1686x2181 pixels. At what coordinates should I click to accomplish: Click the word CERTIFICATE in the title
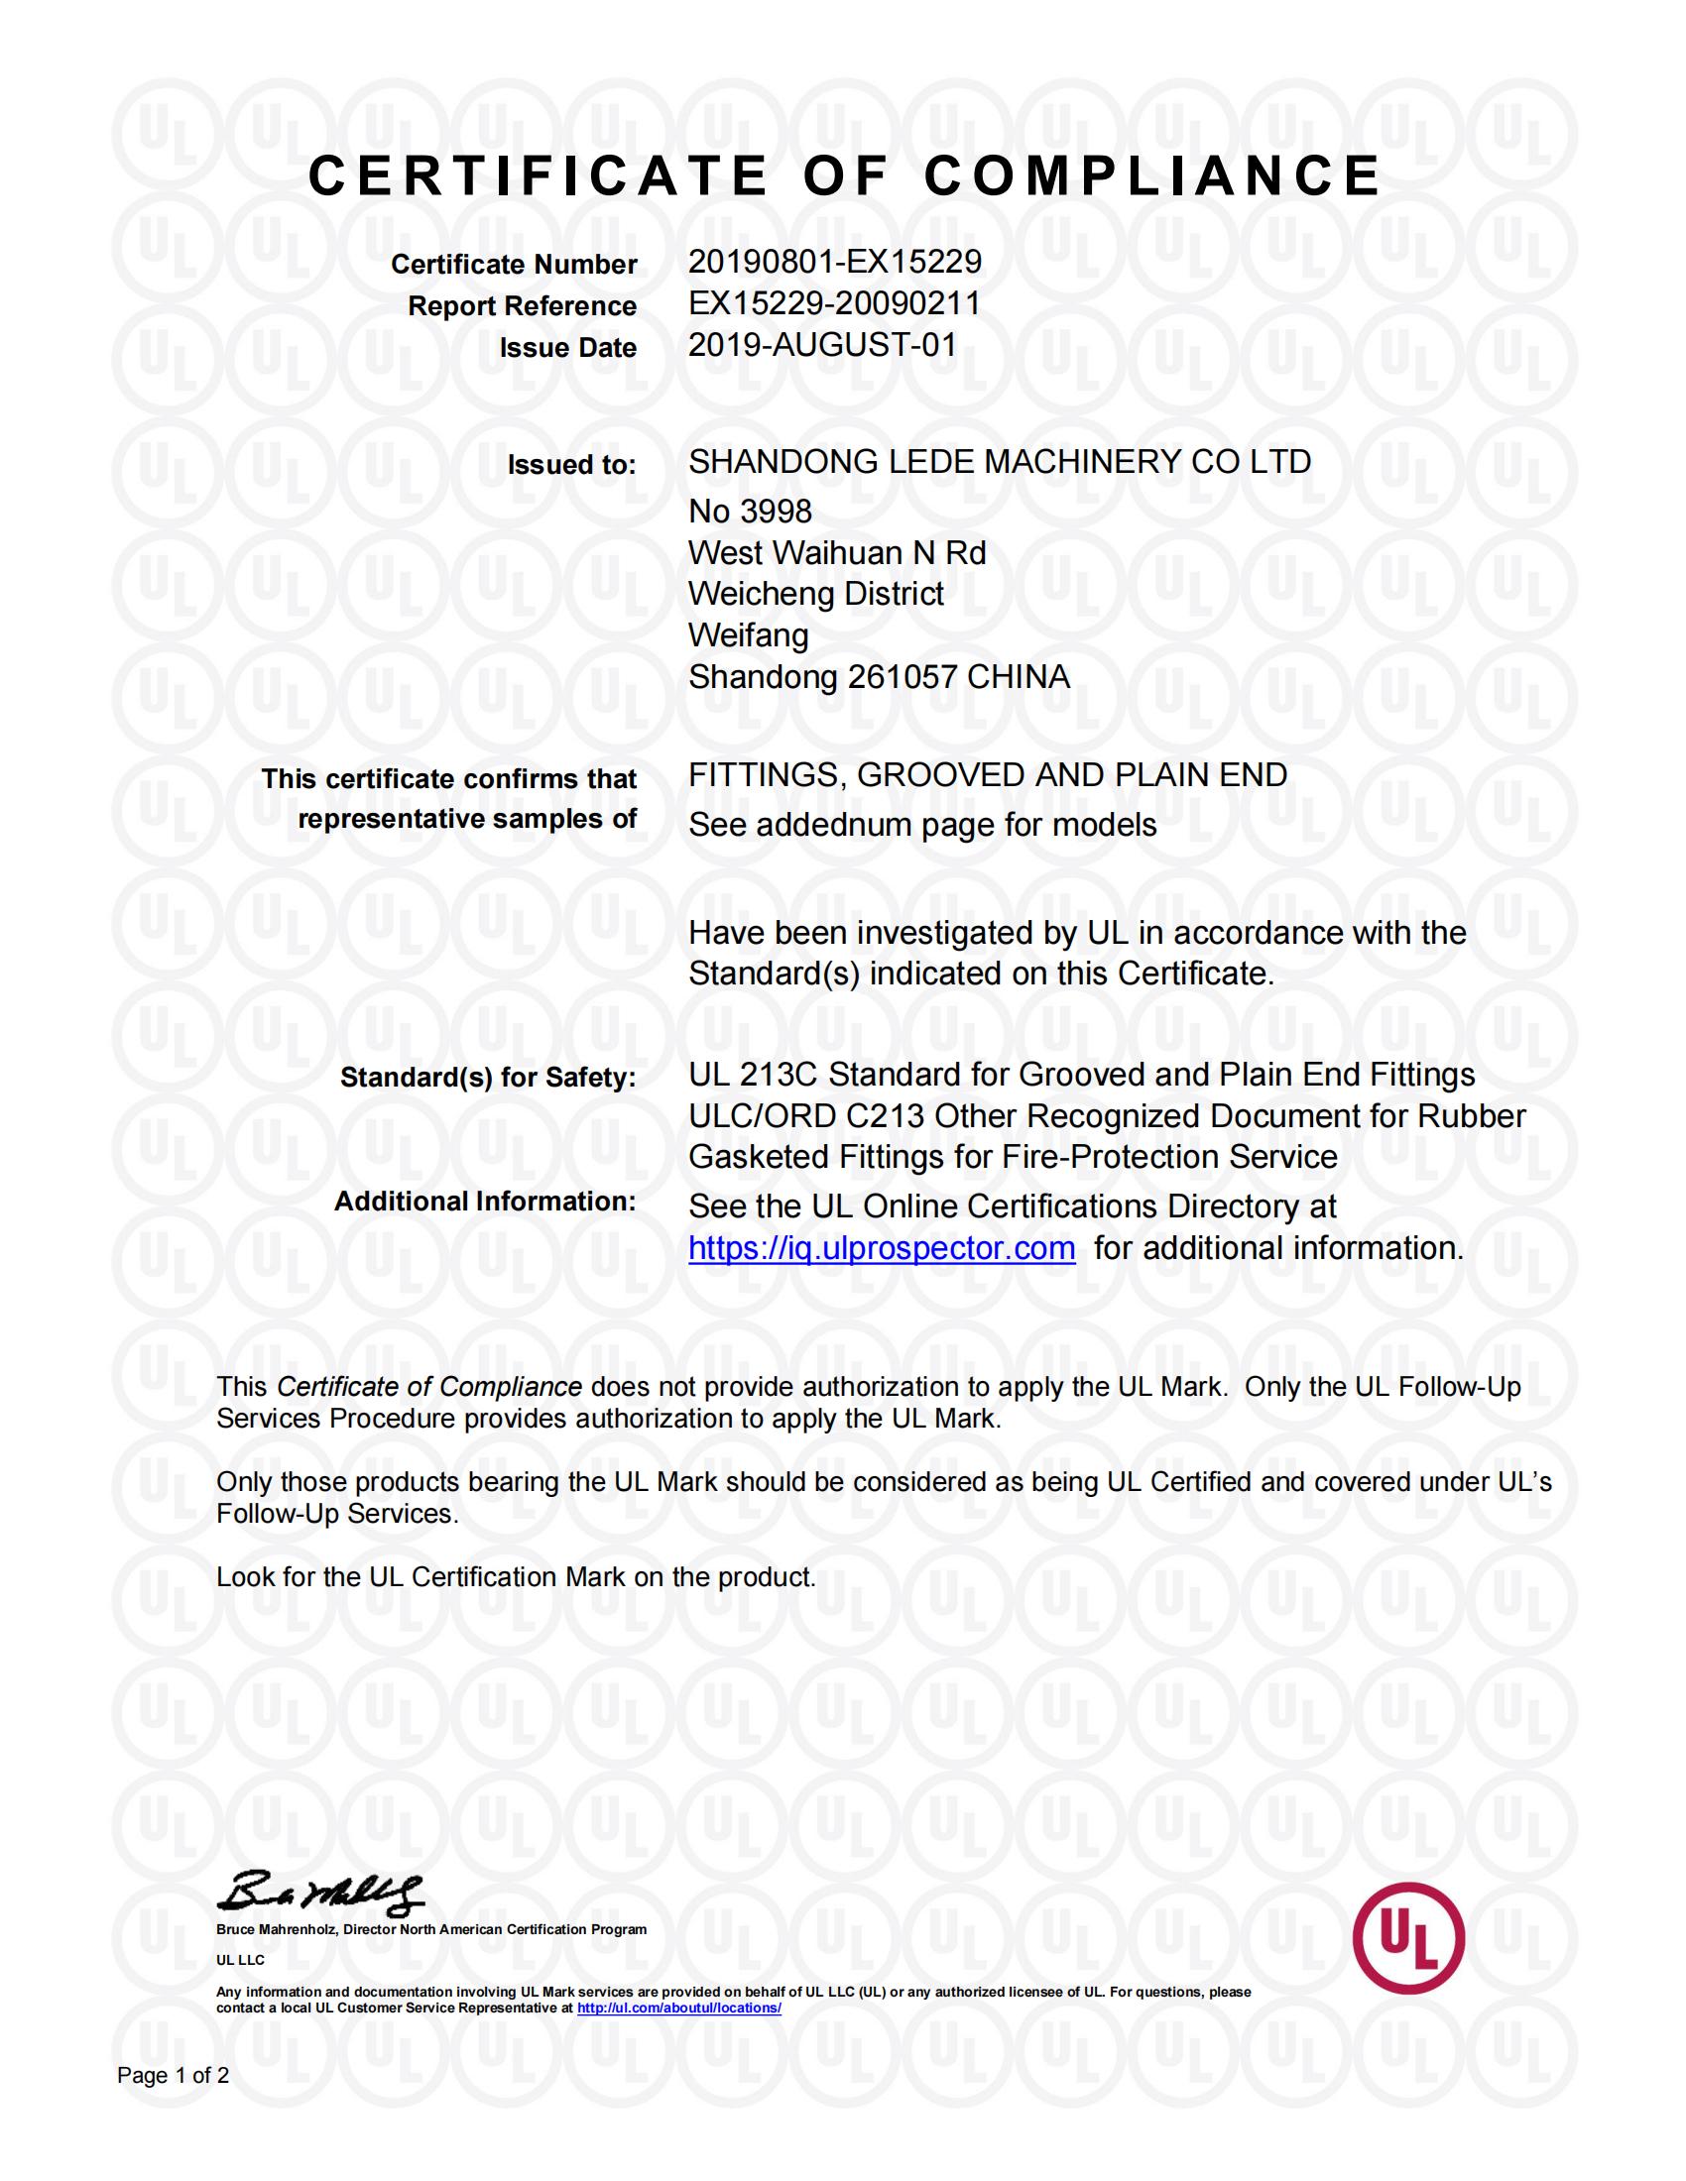tap(538, 176)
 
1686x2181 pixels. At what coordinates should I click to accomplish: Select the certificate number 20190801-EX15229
tap(834, 262)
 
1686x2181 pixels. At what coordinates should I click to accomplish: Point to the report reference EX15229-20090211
tap(834, 303)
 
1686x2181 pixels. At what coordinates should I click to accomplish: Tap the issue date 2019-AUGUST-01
tap(822, 346)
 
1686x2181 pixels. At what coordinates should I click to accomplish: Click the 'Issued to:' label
tap(571, 465)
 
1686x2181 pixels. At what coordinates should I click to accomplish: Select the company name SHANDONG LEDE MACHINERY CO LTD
tap(999, 462)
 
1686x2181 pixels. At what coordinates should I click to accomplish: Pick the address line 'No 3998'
tap(750, 513)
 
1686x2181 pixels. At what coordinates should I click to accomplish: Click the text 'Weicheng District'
tap(815, 594)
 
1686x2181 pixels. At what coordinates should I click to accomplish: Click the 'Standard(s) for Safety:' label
tap(487, 1078)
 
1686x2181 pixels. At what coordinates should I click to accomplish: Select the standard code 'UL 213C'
tap(753, 1076)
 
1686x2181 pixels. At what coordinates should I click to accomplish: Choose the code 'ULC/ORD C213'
tap(806, 1116)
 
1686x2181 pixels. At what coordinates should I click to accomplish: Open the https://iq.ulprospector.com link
tap(881, 1249)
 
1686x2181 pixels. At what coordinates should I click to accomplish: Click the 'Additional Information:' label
tap(484, 1202)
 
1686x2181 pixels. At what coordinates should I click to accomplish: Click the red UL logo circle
tap(1408, 1938)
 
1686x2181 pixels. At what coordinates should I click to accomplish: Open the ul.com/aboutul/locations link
tap(678, 2008)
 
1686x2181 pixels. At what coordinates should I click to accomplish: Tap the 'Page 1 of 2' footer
tap(173, 2076)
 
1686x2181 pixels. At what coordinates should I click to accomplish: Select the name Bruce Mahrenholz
tap(277, 1929)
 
